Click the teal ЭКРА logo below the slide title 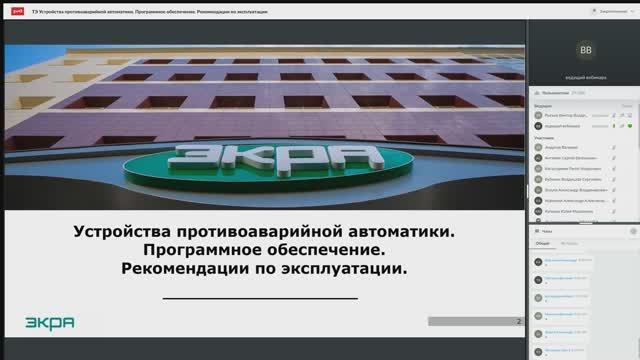[50, 322]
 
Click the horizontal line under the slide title [260, 298]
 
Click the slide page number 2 [519, 321]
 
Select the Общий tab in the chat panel [543, 243]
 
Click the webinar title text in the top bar [140, 8]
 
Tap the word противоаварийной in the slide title [246, 230]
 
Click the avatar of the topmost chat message [538, 261]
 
